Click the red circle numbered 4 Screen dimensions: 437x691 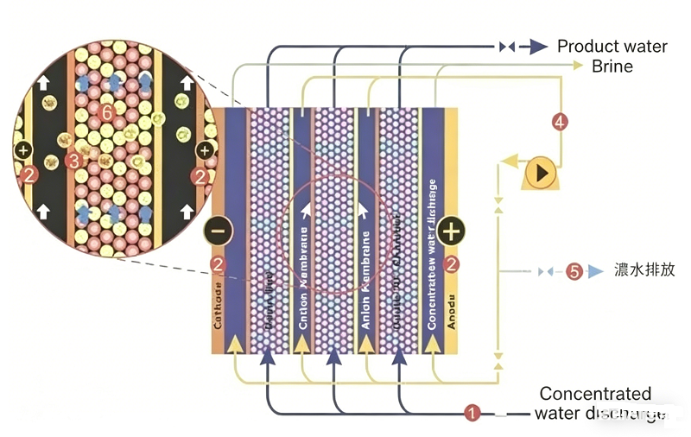pos(561,123)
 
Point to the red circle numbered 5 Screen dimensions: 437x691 pos(574,271)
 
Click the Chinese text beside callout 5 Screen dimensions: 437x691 pos(643,270)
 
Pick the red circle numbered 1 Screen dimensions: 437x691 pos(472,413)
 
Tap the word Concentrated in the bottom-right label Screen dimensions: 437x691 pos(595,394)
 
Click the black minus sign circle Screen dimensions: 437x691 pos(219,231)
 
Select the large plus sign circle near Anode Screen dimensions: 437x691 pos(451,231)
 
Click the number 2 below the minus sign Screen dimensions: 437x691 pos(219,264)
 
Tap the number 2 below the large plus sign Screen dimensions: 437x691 pos(451,264)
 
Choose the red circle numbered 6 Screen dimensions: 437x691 pos(106,112)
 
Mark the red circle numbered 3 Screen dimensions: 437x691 pos(73,161)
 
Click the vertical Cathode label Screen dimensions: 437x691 pos(219,307)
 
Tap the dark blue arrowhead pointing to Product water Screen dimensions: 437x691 pos(537,47)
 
